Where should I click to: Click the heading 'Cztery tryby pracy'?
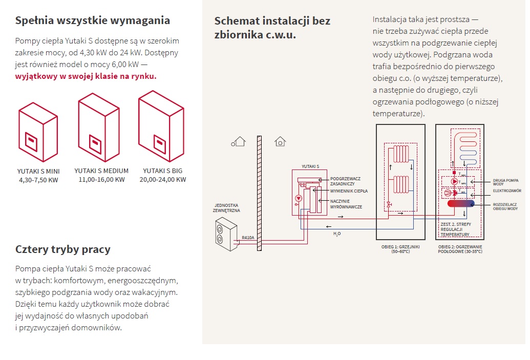tap(63, 249)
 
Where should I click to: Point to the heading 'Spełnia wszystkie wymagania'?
tap(93, 21)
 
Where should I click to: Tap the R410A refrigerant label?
tap(248, 238)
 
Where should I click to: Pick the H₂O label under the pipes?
tap(336, 234)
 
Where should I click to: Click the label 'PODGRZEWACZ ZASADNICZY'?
tap(346, 181)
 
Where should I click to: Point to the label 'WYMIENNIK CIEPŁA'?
tap(349, 190)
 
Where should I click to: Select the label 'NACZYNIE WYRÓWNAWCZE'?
tap(346, 204)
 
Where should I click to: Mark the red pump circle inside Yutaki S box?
tap(299, 199)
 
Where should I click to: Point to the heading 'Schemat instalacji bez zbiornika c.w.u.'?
tap(272, 28)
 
